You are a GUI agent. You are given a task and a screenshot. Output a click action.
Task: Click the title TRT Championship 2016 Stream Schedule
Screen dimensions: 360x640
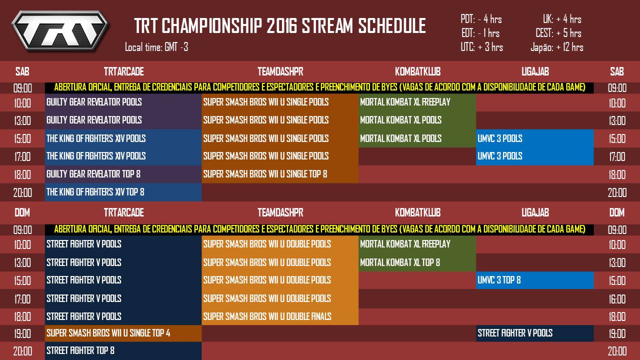click(280, 26)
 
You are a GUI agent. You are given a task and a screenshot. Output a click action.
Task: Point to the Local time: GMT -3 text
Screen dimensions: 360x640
click(156, 47)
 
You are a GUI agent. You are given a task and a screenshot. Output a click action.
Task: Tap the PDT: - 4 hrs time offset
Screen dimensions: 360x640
click(481, 19)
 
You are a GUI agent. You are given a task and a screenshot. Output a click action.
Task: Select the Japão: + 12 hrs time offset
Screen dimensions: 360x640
click(556, 47)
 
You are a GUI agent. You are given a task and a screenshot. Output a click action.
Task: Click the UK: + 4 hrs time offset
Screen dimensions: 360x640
click(562, 19)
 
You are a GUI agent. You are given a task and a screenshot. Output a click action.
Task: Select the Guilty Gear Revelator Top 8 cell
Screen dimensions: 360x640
click(93, 174)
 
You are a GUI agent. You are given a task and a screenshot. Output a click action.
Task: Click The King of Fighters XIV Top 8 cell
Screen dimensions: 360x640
click(95, 192)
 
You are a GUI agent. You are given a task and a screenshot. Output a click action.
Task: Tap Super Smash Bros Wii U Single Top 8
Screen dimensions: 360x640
click(265, 174)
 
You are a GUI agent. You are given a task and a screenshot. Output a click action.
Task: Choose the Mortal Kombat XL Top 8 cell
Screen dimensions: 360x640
click(400, 262)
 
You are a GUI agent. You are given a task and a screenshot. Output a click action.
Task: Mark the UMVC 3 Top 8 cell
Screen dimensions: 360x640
click(499, 280)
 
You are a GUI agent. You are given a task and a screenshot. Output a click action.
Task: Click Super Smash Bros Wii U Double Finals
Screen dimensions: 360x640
click(267, 316)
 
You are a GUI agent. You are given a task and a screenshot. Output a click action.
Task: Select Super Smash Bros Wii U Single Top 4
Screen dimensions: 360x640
click(108, 333)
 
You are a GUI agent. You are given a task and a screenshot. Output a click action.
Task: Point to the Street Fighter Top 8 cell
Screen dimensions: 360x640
click(80, 350)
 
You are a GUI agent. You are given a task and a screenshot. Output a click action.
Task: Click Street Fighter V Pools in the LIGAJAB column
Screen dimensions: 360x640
click(515, 333)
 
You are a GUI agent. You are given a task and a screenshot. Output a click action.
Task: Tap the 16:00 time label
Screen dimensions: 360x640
click(617, 299)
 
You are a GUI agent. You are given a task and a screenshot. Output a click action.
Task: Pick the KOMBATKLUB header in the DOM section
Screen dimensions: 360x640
click(417, 212)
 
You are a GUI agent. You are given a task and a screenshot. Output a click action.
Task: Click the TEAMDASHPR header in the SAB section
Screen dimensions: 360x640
click(280, 71)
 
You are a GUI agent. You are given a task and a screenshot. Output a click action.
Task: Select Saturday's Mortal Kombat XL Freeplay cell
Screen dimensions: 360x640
click(405, 102)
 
